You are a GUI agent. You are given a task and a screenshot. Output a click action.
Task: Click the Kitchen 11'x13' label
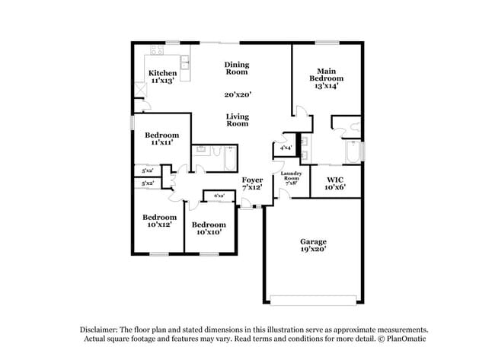pyautogui.click(x=162, y=77)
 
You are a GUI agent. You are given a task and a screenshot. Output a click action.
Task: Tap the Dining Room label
pyautogui.click(x=237, y=68)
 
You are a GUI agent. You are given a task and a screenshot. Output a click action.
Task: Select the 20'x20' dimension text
pyautogui.click(x=238, y=95)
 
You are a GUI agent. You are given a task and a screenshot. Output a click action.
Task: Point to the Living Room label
pyautogui.click(x=238, y=119)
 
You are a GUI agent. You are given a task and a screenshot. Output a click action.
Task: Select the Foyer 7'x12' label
pyautogui.click(x=253, y=183)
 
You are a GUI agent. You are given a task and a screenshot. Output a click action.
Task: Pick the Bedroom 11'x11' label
pyautogui.click(x=162, y=139)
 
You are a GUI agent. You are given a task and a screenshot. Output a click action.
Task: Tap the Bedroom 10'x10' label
pyautogui.click(x=209, y=228)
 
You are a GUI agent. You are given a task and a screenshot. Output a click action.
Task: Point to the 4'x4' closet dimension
pyautogui.click(x=287, y=148)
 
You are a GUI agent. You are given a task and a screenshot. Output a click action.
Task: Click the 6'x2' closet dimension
pyautogui.click(x=219, y=196)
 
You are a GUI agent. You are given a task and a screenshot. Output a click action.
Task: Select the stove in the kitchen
pyautogui.click(x=158, y=52)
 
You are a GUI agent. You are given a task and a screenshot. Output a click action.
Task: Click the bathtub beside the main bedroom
pyautogui.click(x=352, y=151)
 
